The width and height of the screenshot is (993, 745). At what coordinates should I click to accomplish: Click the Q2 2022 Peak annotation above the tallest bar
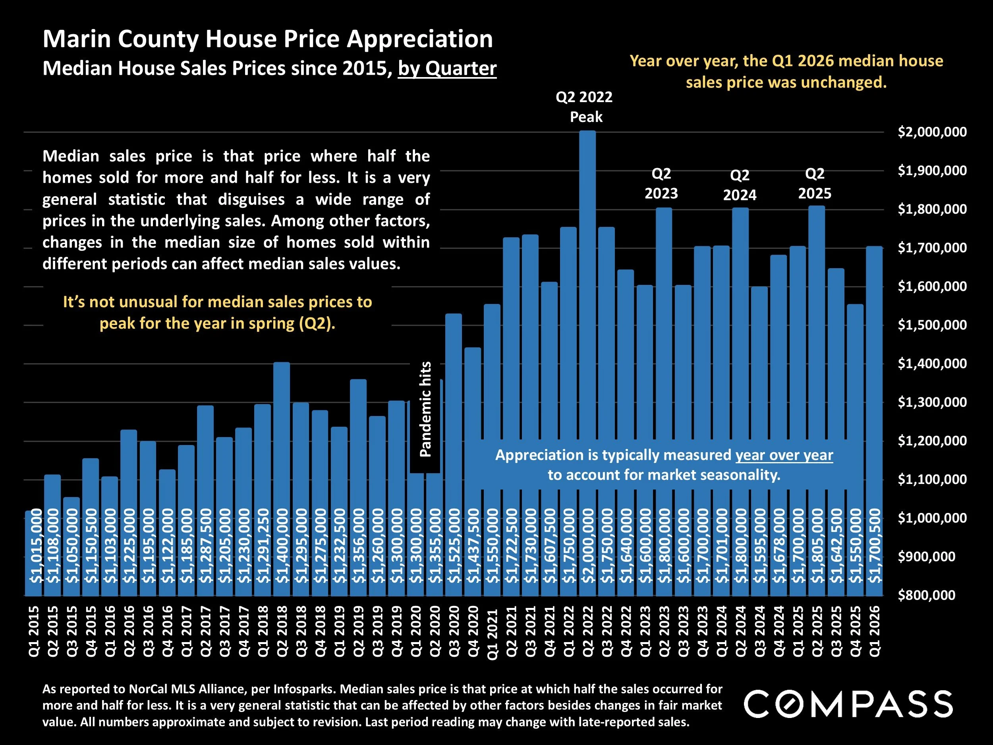click(x=585, y=107)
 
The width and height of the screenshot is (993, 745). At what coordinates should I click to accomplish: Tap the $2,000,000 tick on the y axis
click(x=932, y=132)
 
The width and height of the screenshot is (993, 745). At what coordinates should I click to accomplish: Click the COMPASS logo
click(x=848, y=704)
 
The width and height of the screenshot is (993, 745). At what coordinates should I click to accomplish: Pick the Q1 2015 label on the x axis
click(x=34, y=631)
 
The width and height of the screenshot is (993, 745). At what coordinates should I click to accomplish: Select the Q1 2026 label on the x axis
click(x=875, y=631)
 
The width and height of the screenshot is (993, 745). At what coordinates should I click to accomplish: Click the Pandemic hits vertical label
click(x=425, y=409)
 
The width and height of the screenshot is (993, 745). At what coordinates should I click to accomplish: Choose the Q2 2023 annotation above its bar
click(x=661, y=183)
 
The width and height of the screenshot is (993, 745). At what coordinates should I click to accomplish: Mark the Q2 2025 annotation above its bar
click(x=815, y=183)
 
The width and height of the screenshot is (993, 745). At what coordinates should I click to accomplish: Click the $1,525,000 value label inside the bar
click(x=454, y=545)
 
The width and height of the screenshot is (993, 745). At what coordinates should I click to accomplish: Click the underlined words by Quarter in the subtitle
click(x=447, y=69)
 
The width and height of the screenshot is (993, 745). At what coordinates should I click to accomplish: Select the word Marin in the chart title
click(x=76, y=39)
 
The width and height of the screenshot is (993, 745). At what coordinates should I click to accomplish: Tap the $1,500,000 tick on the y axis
click(x=932, y=325)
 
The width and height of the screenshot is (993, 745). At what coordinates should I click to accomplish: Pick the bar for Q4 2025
click(x=855, y=404)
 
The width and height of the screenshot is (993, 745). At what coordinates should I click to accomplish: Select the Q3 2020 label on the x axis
click(x=454, y=631)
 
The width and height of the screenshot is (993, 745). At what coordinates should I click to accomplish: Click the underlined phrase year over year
click(x=784, y=455)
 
